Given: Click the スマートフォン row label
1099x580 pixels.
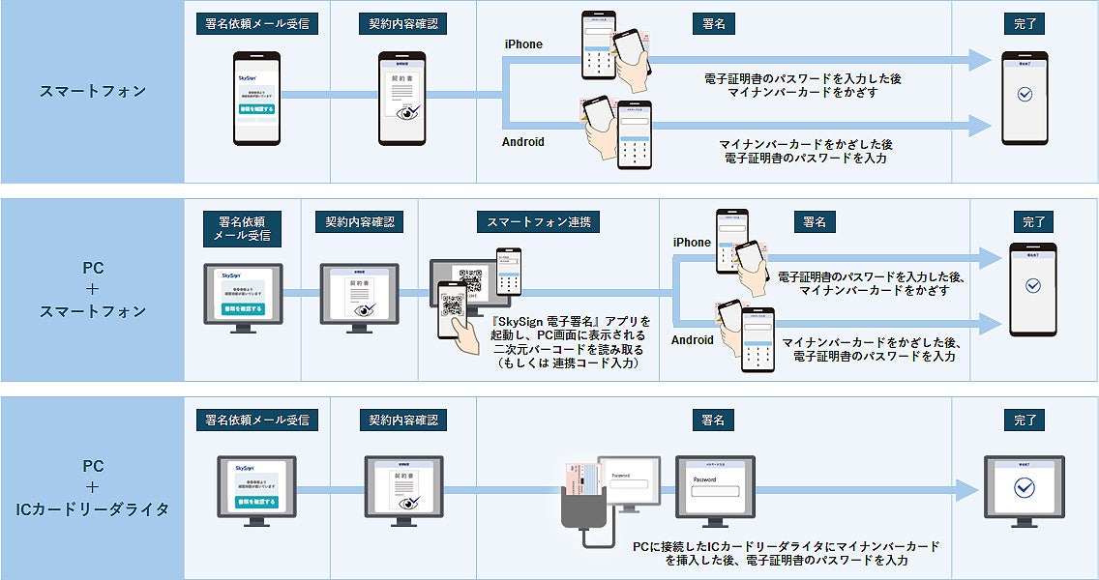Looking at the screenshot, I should click(93, 92).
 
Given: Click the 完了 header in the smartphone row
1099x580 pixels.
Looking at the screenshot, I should click(1025, 24).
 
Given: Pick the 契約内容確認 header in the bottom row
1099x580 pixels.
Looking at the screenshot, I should click(403, 420).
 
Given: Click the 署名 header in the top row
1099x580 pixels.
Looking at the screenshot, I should click(714, 24).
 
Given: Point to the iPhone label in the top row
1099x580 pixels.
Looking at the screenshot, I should click(523, 44).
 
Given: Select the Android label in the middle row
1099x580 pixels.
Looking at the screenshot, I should click(693, 340).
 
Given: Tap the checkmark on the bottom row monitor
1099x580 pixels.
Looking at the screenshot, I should click(1024, 489).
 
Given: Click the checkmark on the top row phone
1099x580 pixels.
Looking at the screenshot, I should click(1025, 95).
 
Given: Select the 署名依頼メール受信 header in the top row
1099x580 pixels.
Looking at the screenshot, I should click(257, 24).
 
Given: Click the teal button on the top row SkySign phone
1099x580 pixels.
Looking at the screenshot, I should click(257, 109).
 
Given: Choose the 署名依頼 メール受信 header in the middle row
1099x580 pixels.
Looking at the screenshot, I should click(243, 228).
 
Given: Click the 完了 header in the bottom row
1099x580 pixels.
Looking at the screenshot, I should click(1025, 420).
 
